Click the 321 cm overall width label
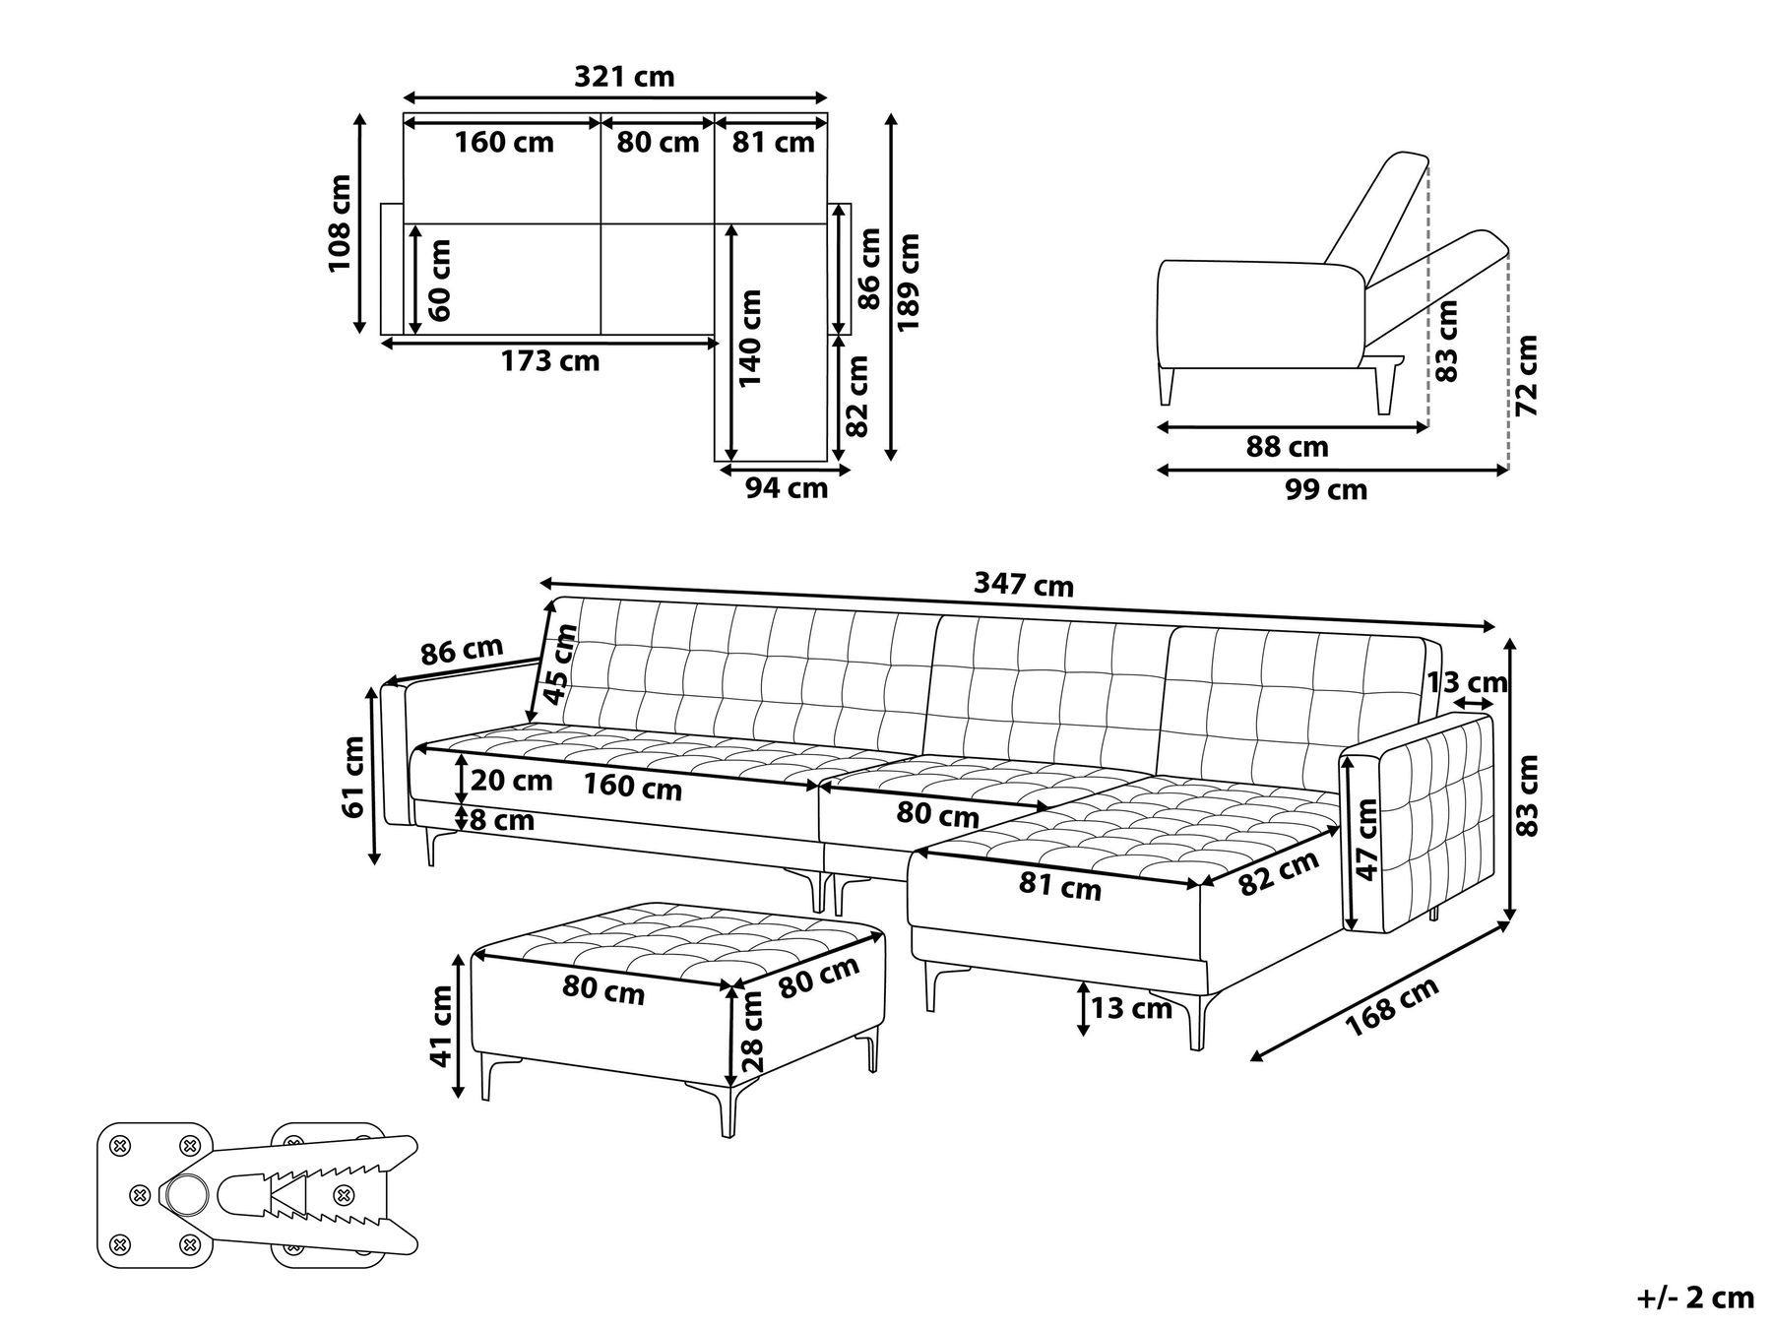point(624,77)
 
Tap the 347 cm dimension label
point(1024,585)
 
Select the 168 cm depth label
point(1392,1006)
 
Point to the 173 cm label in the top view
point(550,361)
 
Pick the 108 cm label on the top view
point(340,223)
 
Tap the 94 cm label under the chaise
point(787,487)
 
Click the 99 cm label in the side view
point(1326,489)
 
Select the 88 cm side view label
point(1288,447)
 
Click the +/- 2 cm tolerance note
point(1695,1297)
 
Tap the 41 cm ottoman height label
point(442,1027)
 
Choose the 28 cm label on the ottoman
point(753,1031)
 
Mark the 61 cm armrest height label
point(353,776)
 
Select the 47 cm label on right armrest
point(1366,839)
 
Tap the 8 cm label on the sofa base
point(503,819)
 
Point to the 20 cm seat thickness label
point(511,781)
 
